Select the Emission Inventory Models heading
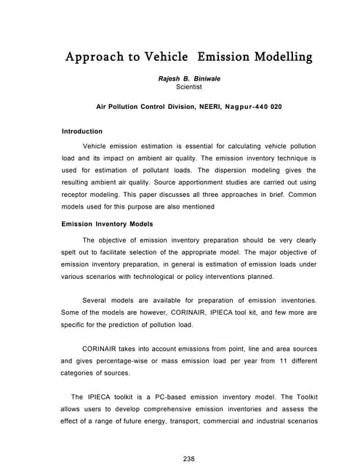[105, 224]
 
